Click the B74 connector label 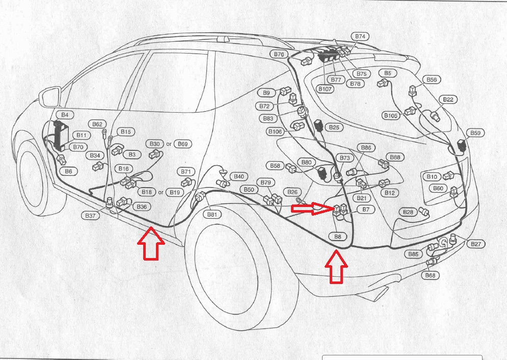click(x=360, y=36)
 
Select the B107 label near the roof click(x=325, y=89)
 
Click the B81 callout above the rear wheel click(x=212, y=215)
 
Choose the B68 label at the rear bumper click(x=431, y=276)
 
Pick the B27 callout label click(x=475, y=244)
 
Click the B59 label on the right click(x=475, y=133)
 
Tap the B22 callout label click(x=448, y=99)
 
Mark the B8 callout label click(x=338, y=237)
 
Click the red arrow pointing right click(x=312, y=208)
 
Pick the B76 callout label click(x=279, y=54)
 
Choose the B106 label click(x=275, y=132)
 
